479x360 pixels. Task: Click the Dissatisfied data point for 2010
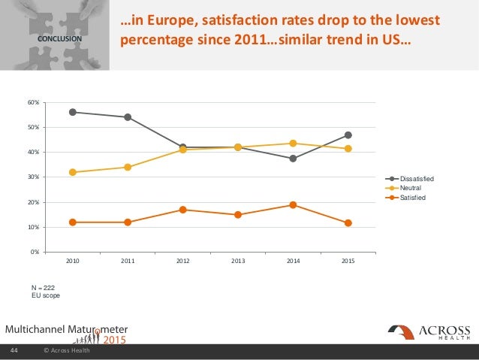[x=73, y=112]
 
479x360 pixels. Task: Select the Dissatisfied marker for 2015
[x=348, y=135]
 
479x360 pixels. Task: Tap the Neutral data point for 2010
[x=73, y=172]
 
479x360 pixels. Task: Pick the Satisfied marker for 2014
[x=293, y=204]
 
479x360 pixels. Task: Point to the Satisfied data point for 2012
[x=183, y=210]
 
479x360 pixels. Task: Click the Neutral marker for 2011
[x=128, y=167]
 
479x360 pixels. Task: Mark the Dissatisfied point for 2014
[x=293, y=159]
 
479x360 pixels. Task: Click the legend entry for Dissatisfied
[x=417, y=177]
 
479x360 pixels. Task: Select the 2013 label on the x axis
[x=238, y=261]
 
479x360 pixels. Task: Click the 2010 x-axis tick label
[x=73, y=261]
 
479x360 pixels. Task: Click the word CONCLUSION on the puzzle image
[x=55, y=38]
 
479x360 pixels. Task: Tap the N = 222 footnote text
[x=43, y=286]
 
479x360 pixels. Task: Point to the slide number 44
[x=14, y=351]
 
